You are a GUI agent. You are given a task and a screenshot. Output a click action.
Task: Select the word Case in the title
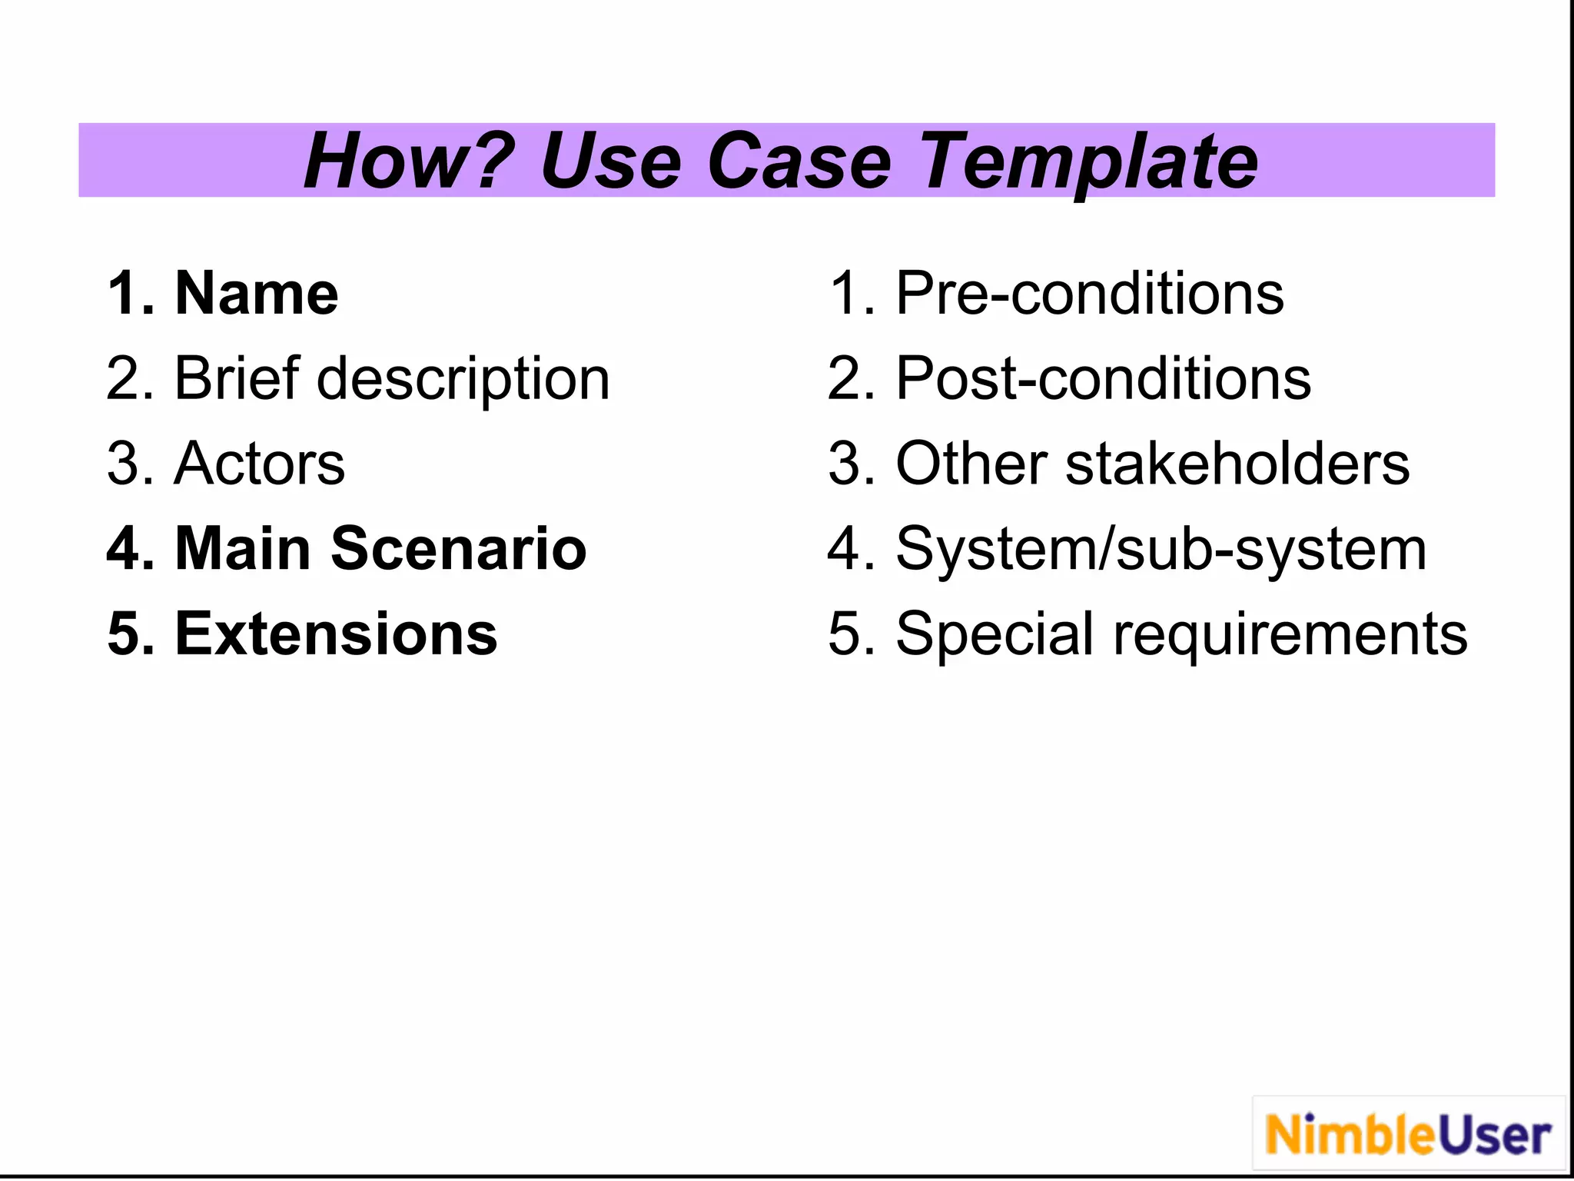[x=799, y=161]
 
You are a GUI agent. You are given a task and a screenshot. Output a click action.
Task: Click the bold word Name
[x=257, y=294]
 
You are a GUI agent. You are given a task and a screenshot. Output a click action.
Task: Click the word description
[x=463, y=380]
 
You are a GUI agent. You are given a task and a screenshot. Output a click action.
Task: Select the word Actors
[x=260, y=464]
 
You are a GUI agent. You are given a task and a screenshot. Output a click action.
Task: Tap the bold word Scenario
[x=459, y=549]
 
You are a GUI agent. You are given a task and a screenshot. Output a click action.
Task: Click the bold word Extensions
[x=337, y=634]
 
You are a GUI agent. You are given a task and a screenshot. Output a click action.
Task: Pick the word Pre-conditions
[x=1090, y=294]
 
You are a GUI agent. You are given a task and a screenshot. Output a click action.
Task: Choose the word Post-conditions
[x=1104, y=378]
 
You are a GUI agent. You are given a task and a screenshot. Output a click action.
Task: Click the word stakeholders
[x=1237, y=464]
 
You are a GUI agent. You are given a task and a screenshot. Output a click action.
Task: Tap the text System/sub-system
[x=1161, y=551]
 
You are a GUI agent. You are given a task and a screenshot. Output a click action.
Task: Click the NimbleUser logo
[x=1408, y=1135]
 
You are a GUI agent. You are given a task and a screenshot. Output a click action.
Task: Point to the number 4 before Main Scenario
[x=124, y=549]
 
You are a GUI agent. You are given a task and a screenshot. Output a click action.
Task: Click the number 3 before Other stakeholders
[x=844, y=464]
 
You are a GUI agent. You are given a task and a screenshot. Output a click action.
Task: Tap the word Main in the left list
[x=242, y=549]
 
